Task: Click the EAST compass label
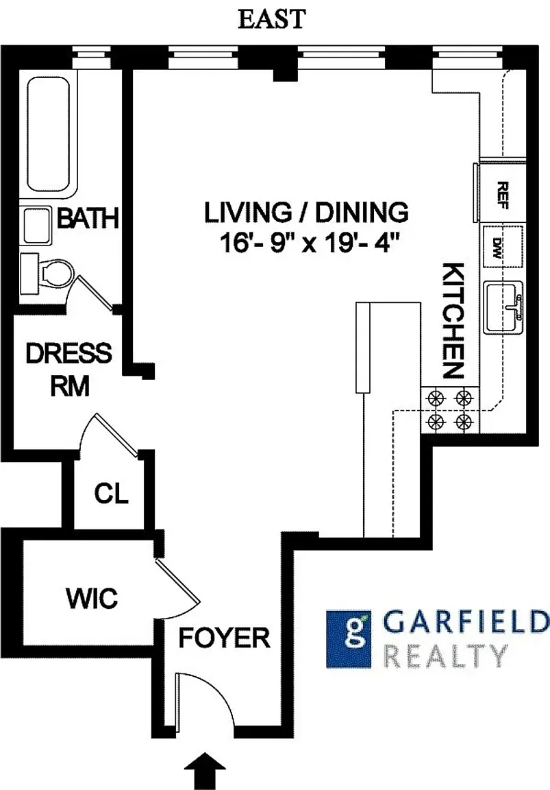(x=272, y=20)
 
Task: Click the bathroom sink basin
(x=37, y=226)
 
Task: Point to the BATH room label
(x=88, y=219)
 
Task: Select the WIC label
(x=92, y=598)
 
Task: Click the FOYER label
(x=225, y=638)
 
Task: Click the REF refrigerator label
(x=502, y=195)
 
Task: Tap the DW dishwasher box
(x=503, y=247)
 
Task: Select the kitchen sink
(x=503, y=307)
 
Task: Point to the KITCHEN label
(x=452, y=320)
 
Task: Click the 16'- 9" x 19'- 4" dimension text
(x=310, y=244)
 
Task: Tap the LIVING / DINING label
(x=306, y=212)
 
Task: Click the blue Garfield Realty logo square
(x=349, y=639)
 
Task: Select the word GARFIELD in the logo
(x=466, y=623)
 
